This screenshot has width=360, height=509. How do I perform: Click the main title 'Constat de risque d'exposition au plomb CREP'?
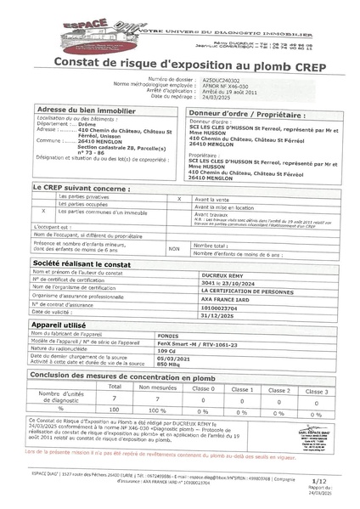click(x=180, y=62)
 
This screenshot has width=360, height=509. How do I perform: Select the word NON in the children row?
click(x=174, y=249)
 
